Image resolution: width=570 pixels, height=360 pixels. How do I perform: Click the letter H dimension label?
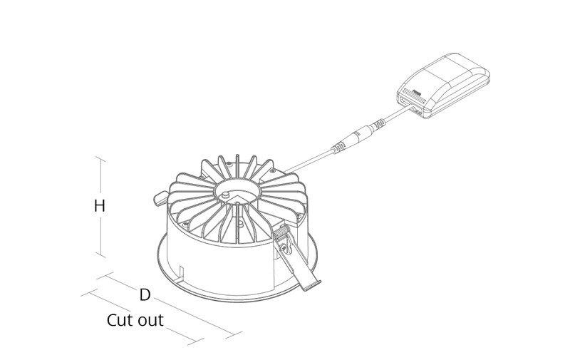99,206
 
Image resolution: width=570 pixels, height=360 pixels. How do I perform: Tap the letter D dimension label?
145,294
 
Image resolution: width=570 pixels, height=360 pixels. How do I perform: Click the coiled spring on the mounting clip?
281,231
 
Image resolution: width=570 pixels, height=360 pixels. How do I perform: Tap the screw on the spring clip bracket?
284,247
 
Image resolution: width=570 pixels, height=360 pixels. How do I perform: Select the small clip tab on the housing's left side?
160,199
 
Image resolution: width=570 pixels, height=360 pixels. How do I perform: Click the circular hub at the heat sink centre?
237,190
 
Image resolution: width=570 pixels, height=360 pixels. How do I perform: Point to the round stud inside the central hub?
226,194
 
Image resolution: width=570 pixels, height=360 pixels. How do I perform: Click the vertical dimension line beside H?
100,207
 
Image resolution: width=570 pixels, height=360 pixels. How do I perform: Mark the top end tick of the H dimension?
100,159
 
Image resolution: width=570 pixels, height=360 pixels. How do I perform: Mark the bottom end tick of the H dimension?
100,255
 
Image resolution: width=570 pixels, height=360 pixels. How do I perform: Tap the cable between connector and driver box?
395,115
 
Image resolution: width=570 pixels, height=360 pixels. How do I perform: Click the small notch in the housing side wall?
182,274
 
